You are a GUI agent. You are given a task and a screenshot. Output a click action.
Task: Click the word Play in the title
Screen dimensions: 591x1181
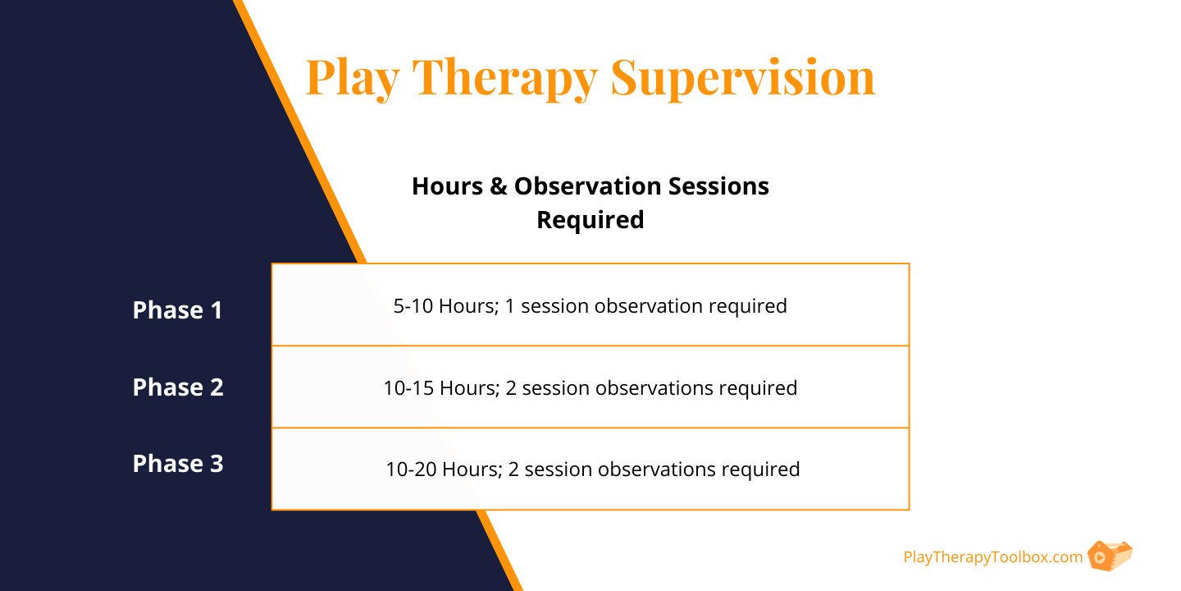coord(353,78)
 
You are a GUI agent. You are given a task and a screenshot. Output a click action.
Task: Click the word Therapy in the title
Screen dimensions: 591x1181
coord(505,78)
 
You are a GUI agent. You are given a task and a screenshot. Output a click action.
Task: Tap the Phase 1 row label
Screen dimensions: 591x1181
coord(178,310)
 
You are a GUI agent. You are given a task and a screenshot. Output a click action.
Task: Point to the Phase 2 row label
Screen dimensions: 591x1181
coord(178,387)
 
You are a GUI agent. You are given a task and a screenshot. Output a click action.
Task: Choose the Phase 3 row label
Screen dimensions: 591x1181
coord(178,463)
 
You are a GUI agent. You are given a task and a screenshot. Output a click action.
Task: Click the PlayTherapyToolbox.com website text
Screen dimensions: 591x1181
coord(993,557)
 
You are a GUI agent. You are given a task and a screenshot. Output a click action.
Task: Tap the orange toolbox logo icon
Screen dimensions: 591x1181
coord(1109,556)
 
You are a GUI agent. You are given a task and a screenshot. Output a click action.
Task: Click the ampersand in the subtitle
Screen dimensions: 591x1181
coord(499,187)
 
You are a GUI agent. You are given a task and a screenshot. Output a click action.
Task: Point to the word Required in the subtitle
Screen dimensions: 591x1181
coord(590,220)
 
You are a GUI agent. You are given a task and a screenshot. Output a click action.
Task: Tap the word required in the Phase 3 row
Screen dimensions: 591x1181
coord(762,470)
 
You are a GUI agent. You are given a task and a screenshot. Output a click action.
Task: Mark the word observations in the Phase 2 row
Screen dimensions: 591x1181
coord(652,387)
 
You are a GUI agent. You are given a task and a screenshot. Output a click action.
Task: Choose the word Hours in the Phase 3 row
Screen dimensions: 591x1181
coord(468,470)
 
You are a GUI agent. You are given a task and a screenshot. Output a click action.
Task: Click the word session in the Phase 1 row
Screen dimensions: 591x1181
coord(554,306)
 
